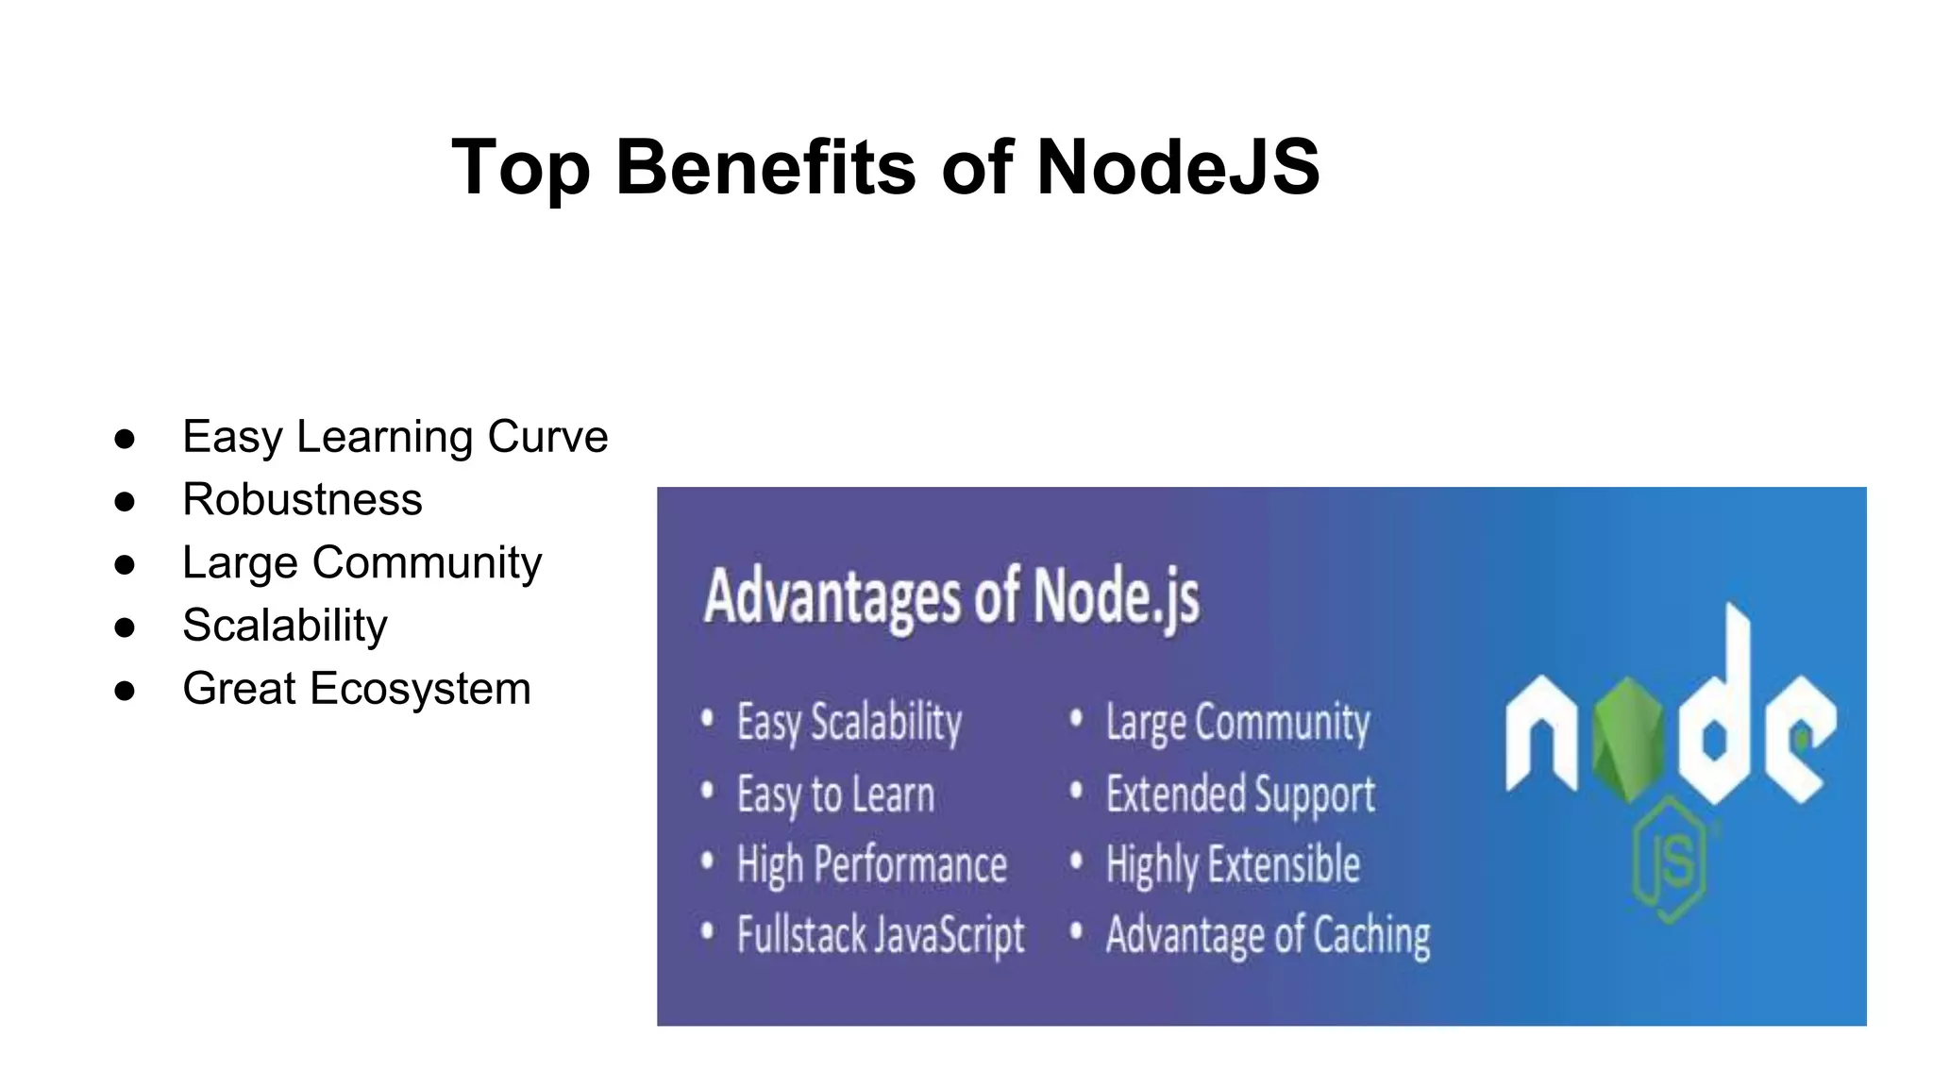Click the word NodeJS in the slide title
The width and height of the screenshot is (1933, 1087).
pos(1178,168)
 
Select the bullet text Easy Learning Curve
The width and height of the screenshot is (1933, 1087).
pos(395,437)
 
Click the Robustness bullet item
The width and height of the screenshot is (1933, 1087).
pos(302,499)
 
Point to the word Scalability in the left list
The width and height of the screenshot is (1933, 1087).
pos(284,626)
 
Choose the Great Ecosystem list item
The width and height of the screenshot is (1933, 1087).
pos(356,689)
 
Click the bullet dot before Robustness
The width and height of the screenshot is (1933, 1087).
pos(125,501)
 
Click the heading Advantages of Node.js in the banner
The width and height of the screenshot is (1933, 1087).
pos(951,597)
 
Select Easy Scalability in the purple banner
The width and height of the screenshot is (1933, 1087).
pos(849,723)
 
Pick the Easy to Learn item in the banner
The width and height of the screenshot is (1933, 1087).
pos(835,794)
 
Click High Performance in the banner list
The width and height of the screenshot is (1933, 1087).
pos(871,864)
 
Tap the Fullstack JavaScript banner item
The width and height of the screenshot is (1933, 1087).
pos(880,935)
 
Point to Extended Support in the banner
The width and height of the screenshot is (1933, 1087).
pos(1239,794)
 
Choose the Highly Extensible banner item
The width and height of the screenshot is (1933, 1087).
pos(1232,864)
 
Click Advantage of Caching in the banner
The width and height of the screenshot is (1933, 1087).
pos(1267,935)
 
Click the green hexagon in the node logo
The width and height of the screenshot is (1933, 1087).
pos(1627,738)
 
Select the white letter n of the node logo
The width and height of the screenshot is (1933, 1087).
pos(1540,733)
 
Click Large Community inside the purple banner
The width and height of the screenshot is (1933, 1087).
pos(1236,723)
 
